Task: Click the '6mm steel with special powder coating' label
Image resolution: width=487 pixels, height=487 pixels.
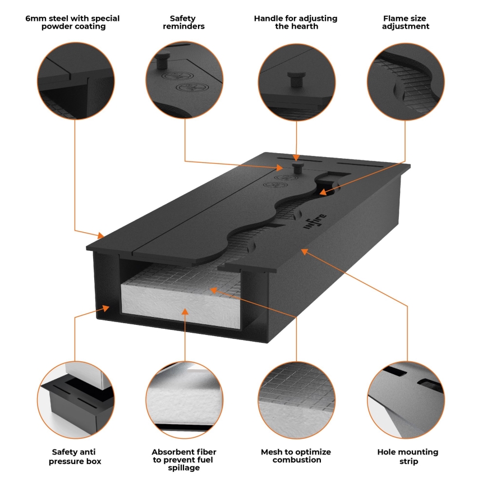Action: (x=72, y=22)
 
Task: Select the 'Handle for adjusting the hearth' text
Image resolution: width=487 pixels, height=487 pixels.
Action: (x=296, y=22)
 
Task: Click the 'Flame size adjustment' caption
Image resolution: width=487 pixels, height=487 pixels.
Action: (x=406, y=22)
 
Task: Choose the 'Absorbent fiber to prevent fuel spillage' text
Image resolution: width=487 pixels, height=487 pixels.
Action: (x=184, y=460)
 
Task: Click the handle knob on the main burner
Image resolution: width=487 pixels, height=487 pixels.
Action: (x=297, y=167)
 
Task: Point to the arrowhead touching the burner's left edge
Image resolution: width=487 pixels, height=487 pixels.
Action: (x=101, y=236)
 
